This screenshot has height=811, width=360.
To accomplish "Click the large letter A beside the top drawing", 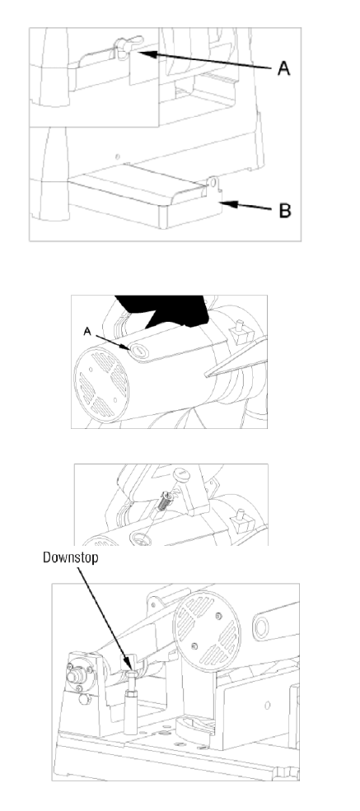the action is pyautogui.click(x=283, y=68).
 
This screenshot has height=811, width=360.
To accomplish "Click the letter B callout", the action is pyautogui.click(x=284, y=211).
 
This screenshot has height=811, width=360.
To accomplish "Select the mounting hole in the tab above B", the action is pyautogui.click(x=212, y=183).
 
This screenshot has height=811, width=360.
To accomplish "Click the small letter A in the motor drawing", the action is pyautogui.click(x=86, y=332).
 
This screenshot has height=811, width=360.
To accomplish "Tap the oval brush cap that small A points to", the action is pyautogui.click(x=138, y=352).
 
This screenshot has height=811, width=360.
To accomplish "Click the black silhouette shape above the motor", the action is pyautogui.click(x=161, y=311).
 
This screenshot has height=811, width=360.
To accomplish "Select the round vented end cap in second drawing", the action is pyautogui.click(x=101, y=384).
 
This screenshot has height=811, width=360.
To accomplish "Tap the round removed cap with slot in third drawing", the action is pyautogui.click(x=180, y=473).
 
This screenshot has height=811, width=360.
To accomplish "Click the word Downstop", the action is pyautogui.click(x=70, y=557).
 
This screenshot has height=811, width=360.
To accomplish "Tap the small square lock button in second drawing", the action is pyautogui.click(x=241, y=332).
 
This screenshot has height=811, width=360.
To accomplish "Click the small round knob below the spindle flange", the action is pyautogui.click(x=84, y=700).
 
